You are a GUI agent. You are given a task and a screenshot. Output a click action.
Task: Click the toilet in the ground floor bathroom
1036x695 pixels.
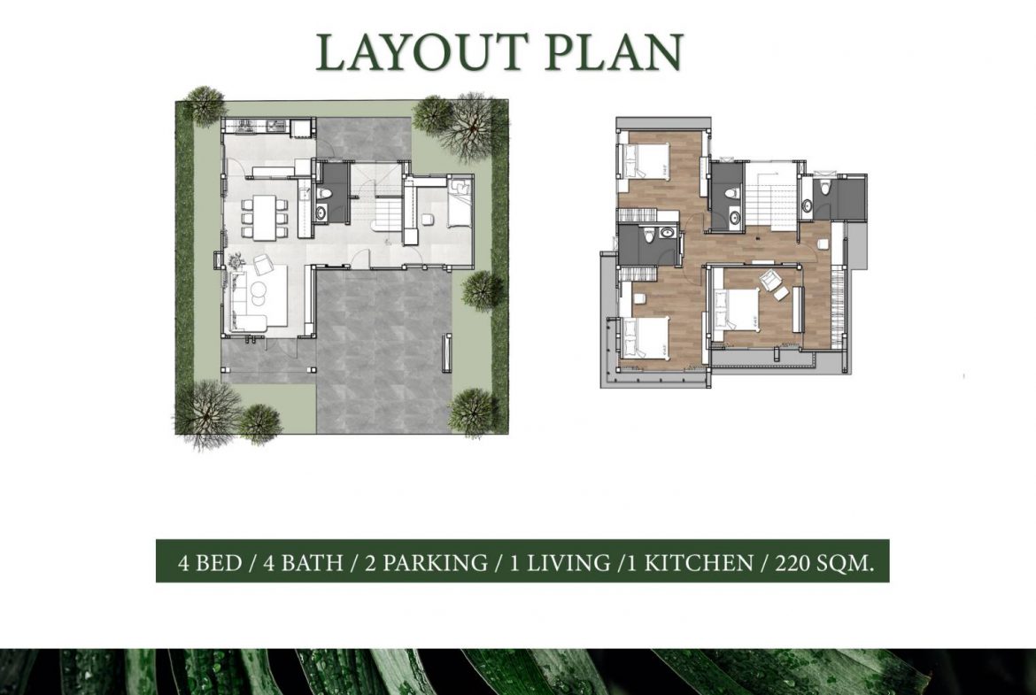click(324, 191)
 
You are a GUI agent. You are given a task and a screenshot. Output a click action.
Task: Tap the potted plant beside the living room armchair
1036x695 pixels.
click(237, 260)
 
